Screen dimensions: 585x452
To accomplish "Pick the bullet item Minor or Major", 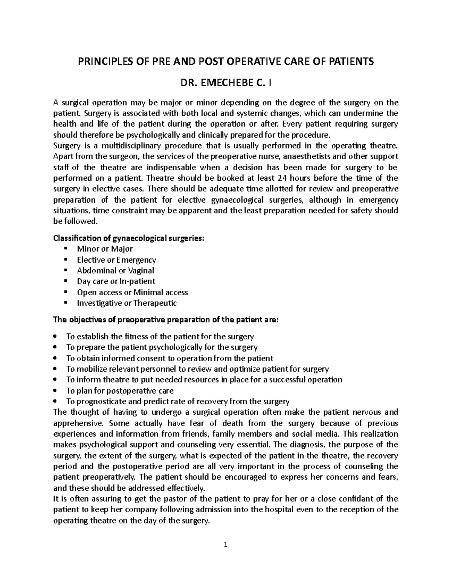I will [105, 249].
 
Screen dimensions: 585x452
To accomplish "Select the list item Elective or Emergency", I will [116, 260].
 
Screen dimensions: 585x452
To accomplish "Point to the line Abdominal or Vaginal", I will [115, 270].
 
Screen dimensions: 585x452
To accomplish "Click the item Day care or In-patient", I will [116, 281].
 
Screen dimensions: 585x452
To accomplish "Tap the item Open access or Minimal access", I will [132, 292].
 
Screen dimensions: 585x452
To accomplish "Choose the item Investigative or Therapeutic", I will [127, 303].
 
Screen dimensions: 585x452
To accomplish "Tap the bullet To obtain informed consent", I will [169, 358].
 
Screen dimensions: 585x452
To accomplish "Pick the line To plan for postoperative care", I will [120, 391].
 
